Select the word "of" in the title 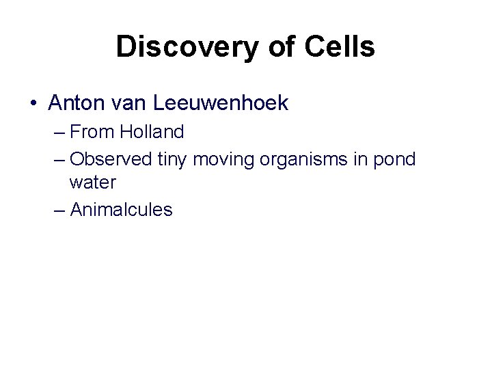click(278, 47)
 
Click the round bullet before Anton click(33, 104)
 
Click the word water click(92, 184)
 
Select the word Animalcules click(122, 210)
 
